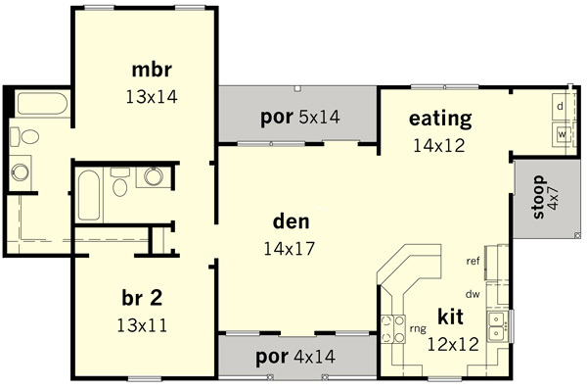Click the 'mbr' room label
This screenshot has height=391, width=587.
tap(152, 70)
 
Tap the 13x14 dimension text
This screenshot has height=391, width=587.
tap(152, 97)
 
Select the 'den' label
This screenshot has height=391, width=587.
tap(292, 221)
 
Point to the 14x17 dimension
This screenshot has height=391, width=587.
tap(289, 249)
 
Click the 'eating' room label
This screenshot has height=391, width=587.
tap(440, 119)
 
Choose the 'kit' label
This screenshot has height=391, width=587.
tap(450, 317)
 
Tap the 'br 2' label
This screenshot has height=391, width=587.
tap(142, 298)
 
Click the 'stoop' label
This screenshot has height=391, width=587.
tap(538, 197)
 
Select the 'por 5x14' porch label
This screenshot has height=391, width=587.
tap(300, 117)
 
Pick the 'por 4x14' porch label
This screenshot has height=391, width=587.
tap(295, 357)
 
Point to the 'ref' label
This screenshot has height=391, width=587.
tap(473, 261)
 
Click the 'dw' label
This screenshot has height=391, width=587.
tap(473, 294)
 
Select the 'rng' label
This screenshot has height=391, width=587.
tap(418, 328)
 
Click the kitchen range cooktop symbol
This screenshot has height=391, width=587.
tap(393, 328)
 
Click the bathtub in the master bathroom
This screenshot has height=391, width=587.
tap(42, 104)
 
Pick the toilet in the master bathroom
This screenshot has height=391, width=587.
tap(24, 136)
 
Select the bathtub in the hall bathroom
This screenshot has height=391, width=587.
tap(89, 195)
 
